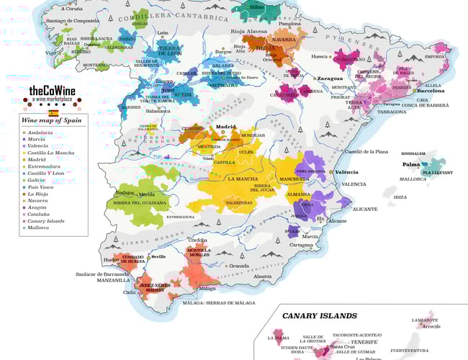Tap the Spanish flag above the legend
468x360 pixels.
pyautogui.click(x=53, y=113)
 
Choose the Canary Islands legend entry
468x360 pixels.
pyautogui.click(x=47, y=221)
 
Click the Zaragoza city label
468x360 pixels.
pyautogui.click(x=329, y=78)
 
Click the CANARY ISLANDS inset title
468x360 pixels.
pyautogui.click(x=319, y=315)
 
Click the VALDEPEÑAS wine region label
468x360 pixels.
pyautogui.click(x=239, y=202)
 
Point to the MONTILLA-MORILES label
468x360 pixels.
pyautogui.click(x=199, y=253)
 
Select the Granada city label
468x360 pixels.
pyautogui.click(x=239, y=266)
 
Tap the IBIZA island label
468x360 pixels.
pyautogui.click(x=400, y=197)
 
